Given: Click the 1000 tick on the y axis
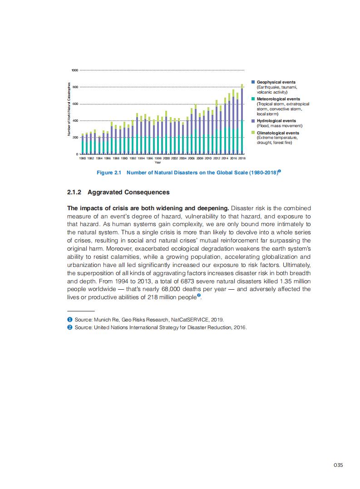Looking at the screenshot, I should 75,70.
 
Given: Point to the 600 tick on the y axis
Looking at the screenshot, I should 75,104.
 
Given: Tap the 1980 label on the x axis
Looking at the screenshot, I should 83,158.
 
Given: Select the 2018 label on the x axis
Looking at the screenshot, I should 242,158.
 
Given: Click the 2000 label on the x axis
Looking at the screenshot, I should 167,158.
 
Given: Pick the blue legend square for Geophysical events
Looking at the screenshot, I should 253,82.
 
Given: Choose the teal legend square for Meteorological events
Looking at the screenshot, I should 253,99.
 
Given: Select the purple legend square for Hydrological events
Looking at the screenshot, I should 253,121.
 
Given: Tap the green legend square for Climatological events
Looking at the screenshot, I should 253,133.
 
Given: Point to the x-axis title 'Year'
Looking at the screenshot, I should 158,162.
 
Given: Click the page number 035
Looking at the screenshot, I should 338,465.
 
